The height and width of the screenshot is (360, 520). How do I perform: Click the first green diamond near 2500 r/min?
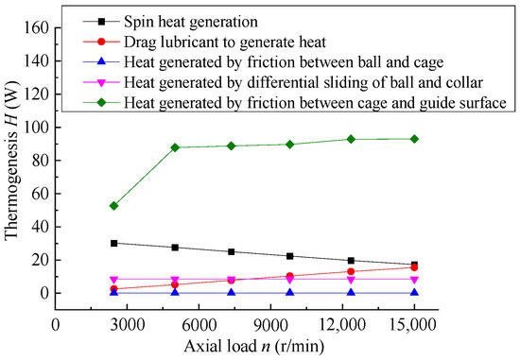click(x=114, y=205)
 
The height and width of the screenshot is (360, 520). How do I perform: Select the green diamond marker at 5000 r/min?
click(x=176, y=147)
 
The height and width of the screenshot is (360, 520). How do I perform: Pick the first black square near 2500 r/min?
click(x=114, y=243)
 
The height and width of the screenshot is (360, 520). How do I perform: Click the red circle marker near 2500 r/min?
click(x=114, y=289)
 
